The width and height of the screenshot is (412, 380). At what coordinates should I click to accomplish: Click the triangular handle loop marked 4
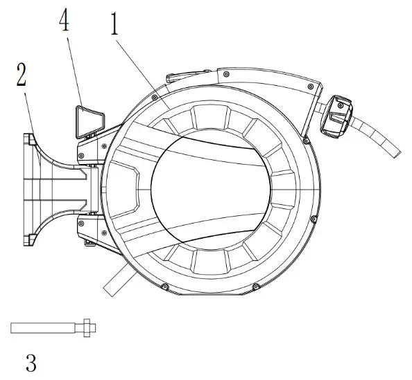coord(88,118)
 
